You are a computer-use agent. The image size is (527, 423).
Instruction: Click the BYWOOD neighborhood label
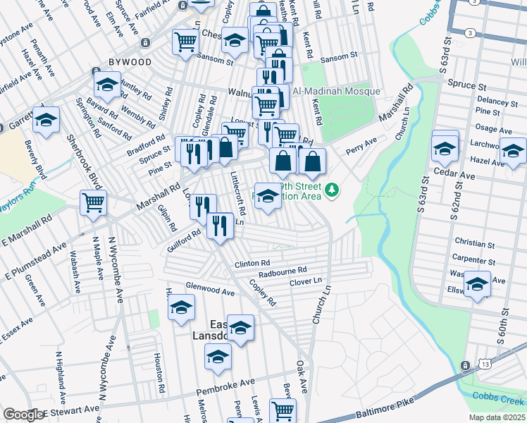click(130, 62)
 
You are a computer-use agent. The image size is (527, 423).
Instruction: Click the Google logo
click(23, 415)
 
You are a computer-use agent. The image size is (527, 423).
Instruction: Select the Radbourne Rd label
click(283, 270)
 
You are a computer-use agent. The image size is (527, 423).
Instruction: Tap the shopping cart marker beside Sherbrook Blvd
click(93, 204)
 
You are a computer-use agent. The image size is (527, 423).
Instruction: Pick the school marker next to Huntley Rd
click(107, 86)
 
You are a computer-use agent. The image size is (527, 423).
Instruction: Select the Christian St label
click(474, 244)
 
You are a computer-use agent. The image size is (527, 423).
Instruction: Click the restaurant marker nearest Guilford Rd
click(221, 226)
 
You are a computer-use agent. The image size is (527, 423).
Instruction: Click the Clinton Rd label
click(252, 263)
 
